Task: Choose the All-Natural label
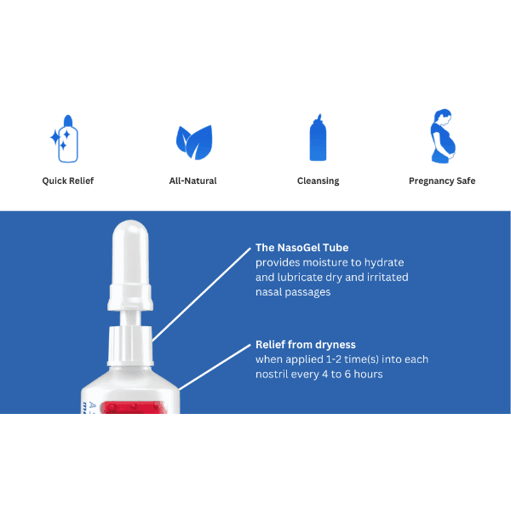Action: coord(193,181)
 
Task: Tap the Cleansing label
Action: coord(319,181)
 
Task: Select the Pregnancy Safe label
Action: coord(442,181)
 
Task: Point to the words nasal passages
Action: coord(294,291)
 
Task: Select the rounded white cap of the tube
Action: coord(127,251)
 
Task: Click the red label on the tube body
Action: coord(128,407)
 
